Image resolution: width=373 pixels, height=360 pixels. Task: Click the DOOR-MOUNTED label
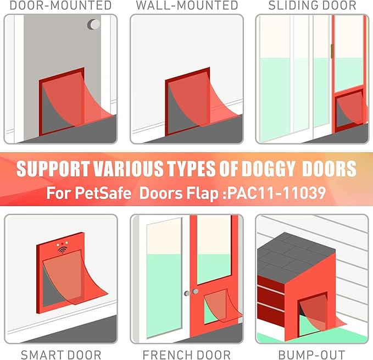[60, 5]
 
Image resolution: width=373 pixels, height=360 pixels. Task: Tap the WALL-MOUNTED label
[187, 5]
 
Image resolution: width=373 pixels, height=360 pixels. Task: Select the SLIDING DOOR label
[313, 5]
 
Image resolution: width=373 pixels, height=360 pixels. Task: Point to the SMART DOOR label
[61, 355]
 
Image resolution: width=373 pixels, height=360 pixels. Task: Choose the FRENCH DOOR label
[187, 355]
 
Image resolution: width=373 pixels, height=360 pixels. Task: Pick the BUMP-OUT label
[311, 355]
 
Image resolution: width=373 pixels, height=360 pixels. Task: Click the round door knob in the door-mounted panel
[94, 24]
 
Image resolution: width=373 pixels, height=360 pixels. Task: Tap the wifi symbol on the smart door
[63, 250]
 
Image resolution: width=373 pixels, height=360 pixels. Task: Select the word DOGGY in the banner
[268, 169]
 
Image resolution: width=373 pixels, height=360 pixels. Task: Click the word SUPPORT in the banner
[53, 169]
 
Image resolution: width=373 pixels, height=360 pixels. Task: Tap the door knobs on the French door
[191, 292]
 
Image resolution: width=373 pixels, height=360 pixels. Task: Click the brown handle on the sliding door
[332, 51]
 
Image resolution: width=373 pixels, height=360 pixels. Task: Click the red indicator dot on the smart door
[62, 243]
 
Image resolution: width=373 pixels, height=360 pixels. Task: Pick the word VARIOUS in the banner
[128, 169]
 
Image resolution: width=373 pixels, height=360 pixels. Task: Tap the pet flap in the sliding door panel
[350, 109]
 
